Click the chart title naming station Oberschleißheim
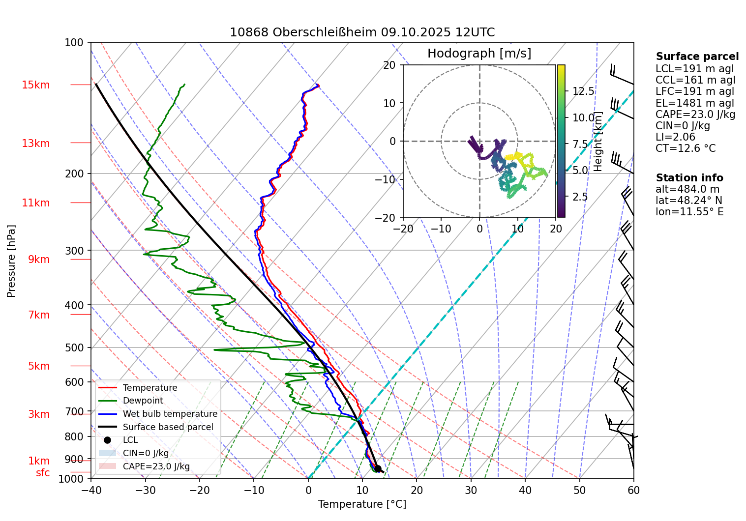point(362,32)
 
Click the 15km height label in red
point(35,85)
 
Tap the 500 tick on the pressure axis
point(75,347)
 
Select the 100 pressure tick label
point(74,43)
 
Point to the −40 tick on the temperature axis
point(91,490)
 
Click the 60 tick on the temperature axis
point(633,490)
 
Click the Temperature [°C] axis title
point(362,504)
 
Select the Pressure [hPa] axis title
point(11,261)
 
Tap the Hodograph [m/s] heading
point(479,54)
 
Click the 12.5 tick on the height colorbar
point(583,91)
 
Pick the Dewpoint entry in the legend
point(143,401)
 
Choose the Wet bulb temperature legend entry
point(170,414)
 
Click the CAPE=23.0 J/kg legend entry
point(156,466)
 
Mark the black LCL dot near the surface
point(378,468)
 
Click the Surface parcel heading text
point(697,57)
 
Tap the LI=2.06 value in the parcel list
point(675,137)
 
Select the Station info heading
point(689,178)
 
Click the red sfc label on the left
point(43,473)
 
